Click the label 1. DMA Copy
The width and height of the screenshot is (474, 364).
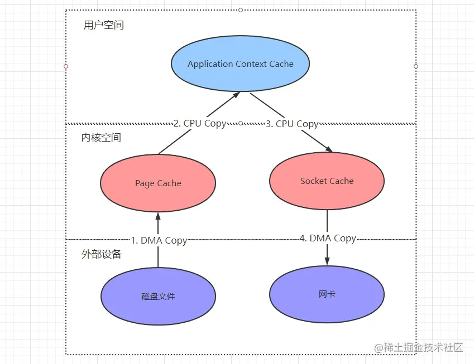point(159,240)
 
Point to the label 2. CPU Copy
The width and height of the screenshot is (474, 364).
point(200,124)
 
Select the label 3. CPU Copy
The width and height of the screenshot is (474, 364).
point(291,124)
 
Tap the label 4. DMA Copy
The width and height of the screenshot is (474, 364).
point(328,238)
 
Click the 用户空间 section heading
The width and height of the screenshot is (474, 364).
point(103,26)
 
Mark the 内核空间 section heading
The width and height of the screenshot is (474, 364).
point(101,138)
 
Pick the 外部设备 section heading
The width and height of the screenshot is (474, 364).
point(101,254)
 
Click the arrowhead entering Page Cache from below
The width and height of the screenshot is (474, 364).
point(158,216)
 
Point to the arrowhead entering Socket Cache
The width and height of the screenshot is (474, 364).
point(329,149)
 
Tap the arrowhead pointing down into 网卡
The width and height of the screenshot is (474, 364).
point(327,261)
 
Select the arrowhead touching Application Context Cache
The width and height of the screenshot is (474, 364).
point(237,95)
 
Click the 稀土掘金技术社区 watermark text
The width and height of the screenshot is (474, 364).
point(424,348)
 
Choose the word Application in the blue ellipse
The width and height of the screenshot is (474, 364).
point(210,64)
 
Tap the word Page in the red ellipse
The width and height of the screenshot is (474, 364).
point(145,183)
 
